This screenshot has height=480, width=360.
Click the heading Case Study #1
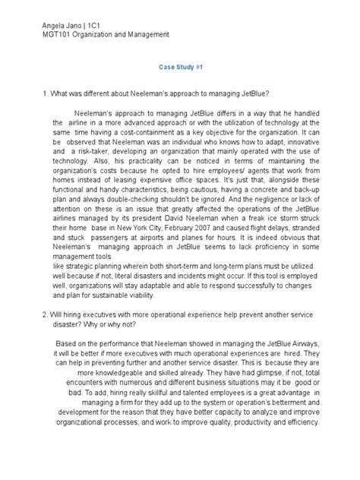click(180, 66)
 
